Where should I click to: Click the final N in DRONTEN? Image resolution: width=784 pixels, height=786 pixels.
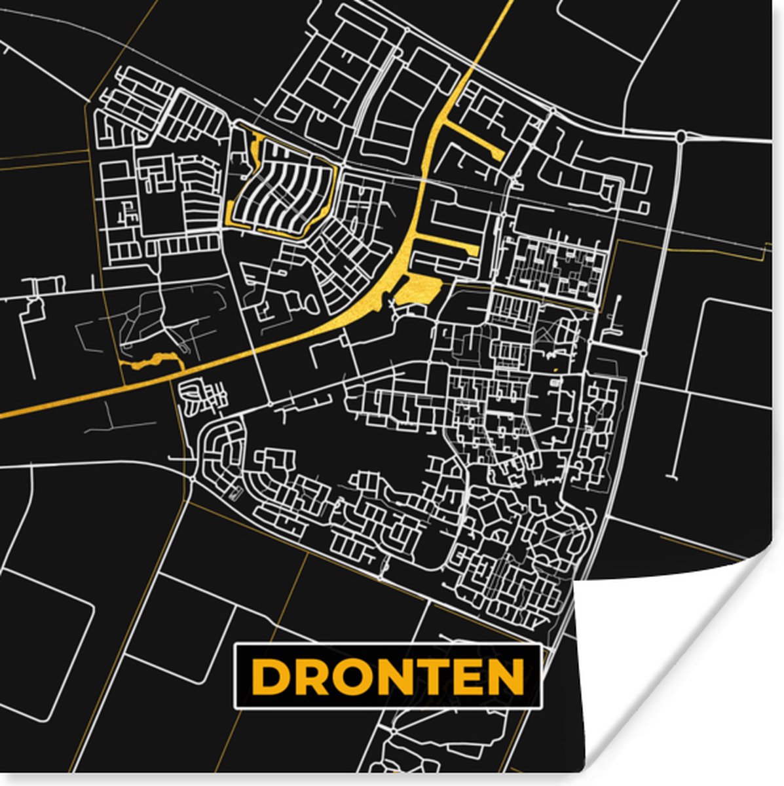(508, 677)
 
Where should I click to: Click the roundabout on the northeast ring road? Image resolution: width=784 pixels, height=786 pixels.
(681, 137)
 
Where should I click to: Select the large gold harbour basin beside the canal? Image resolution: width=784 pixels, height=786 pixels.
(417, 289)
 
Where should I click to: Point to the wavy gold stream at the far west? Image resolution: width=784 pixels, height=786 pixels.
(154, 360)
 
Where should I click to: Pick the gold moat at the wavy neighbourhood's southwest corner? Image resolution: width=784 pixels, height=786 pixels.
(233, 216)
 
